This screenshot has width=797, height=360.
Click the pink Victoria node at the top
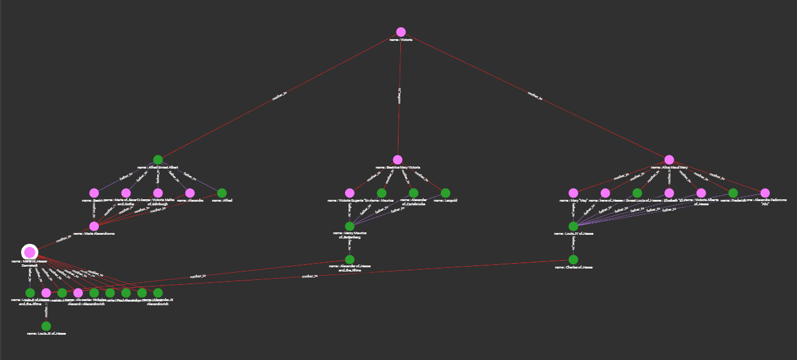(401, 32)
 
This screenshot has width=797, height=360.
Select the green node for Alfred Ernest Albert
(158, 160)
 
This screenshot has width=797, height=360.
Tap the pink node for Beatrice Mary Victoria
(397, 160)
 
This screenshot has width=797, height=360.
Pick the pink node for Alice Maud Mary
(669, 160)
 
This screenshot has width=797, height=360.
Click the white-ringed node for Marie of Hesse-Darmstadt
(29, 252)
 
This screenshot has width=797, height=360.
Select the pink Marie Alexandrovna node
(94, 226)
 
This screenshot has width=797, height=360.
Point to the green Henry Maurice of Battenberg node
(349, 226)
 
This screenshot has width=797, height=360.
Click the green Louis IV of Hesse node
(573, 226)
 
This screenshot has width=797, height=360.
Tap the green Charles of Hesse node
(573, 259)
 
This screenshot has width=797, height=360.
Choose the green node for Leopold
(445, 193)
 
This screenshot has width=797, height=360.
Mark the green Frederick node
(733, 193)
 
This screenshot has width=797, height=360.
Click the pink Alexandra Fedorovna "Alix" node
(765, 193)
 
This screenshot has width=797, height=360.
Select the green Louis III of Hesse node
(46, 326)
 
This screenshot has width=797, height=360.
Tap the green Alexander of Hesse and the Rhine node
(349, 259)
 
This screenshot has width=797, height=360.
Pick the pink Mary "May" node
(573, 193)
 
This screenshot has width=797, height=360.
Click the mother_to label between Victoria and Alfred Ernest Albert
(279, 96)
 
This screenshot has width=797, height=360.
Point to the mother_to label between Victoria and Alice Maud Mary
(535, 95)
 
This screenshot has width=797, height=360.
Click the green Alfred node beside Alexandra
(222, 193)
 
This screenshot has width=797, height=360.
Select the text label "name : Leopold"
(445, 200)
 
